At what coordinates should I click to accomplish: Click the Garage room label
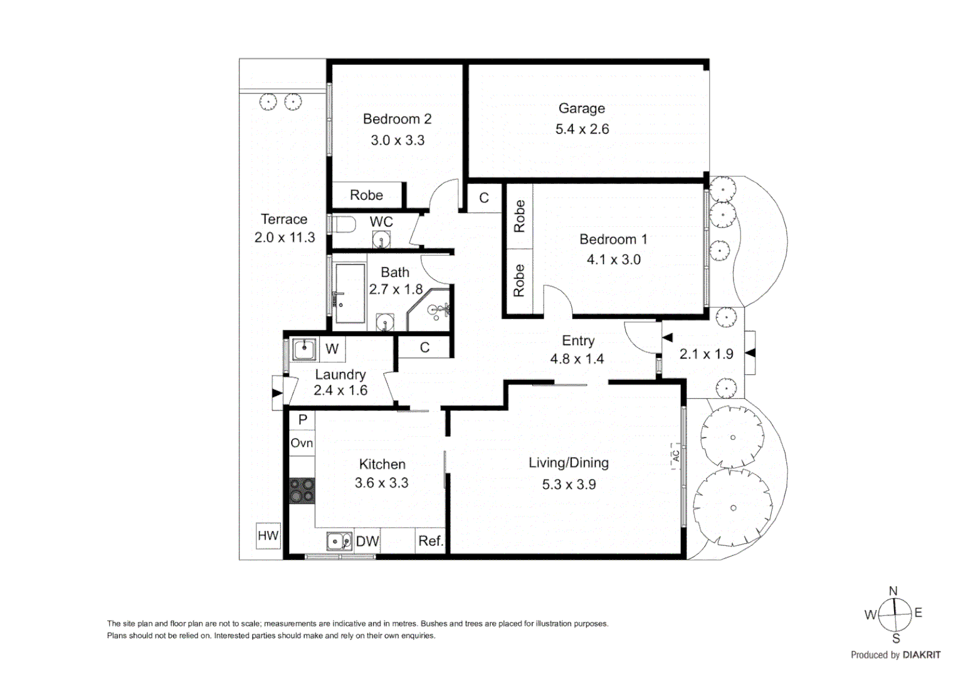click(581, 108)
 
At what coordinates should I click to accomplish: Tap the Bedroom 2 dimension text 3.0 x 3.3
click(397, 140)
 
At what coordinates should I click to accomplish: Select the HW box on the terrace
click(268, 536)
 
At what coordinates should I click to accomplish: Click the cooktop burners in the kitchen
click(302, 491)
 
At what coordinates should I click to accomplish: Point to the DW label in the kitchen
click(367, 542)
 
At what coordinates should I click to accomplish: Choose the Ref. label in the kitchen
click(431, 541)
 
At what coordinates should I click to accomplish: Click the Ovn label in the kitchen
click(302, 443)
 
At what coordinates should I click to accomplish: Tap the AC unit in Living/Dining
click(676, 456)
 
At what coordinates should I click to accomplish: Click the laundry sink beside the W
click(305, 349)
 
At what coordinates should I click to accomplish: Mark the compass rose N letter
click(893, 591)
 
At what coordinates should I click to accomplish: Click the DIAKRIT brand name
click(921, 655)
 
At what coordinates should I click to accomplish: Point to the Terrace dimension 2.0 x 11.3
click(285, 238)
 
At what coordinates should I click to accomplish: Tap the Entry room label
click(577, 341)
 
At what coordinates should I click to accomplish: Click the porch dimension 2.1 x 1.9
click(706, 354)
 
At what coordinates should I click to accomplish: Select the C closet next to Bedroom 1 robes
click(484, 198)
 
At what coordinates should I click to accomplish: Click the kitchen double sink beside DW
click(339, 541)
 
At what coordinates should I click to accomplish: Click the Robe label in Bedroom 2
click(366, 196)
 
